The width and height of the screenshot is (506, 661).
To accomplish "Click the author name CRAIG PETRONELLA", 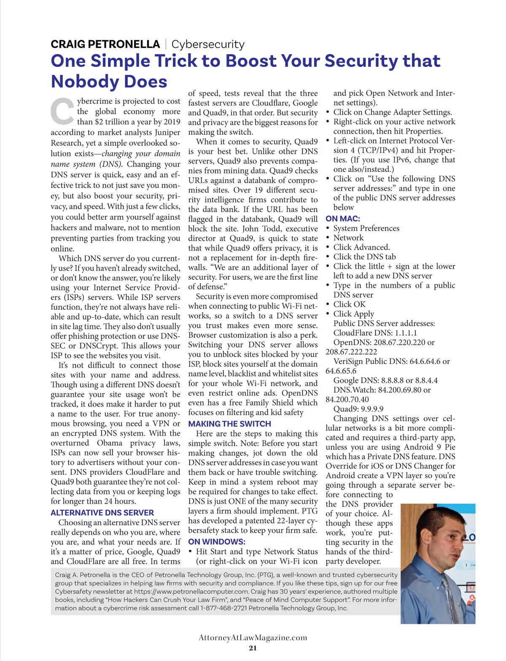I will [105, 44].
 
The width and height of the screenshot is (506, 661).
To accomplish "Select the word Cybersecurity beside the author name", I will [207, 44].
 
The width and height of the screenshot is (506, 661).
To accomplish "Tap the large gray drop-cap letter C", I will [62, 112].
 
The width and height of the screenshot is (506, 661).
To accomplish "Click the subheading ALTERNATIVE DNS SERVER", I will [102, 513].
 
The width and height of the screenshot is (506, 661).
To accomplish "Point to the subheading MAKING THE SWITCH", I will [229, 424].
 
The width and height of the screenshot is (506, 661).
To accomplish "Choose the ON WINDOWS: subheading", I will [216, 542].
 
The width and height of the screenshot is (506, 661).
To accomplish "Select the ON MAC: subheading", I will [342, 219].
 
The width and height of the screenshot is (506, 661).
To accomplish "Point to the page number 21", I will [253, 648].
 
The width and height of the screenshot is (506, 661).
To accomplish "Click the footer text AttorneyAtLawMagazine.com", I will [253, 637].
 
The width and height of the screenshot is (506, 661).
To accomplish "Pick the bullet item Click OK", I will [349, 304].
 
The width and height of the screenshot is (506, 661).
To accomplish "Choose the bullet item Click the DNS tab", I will [364, 257].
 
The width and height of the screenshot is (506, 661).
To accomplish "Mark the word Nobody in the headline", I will [109, 81].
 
